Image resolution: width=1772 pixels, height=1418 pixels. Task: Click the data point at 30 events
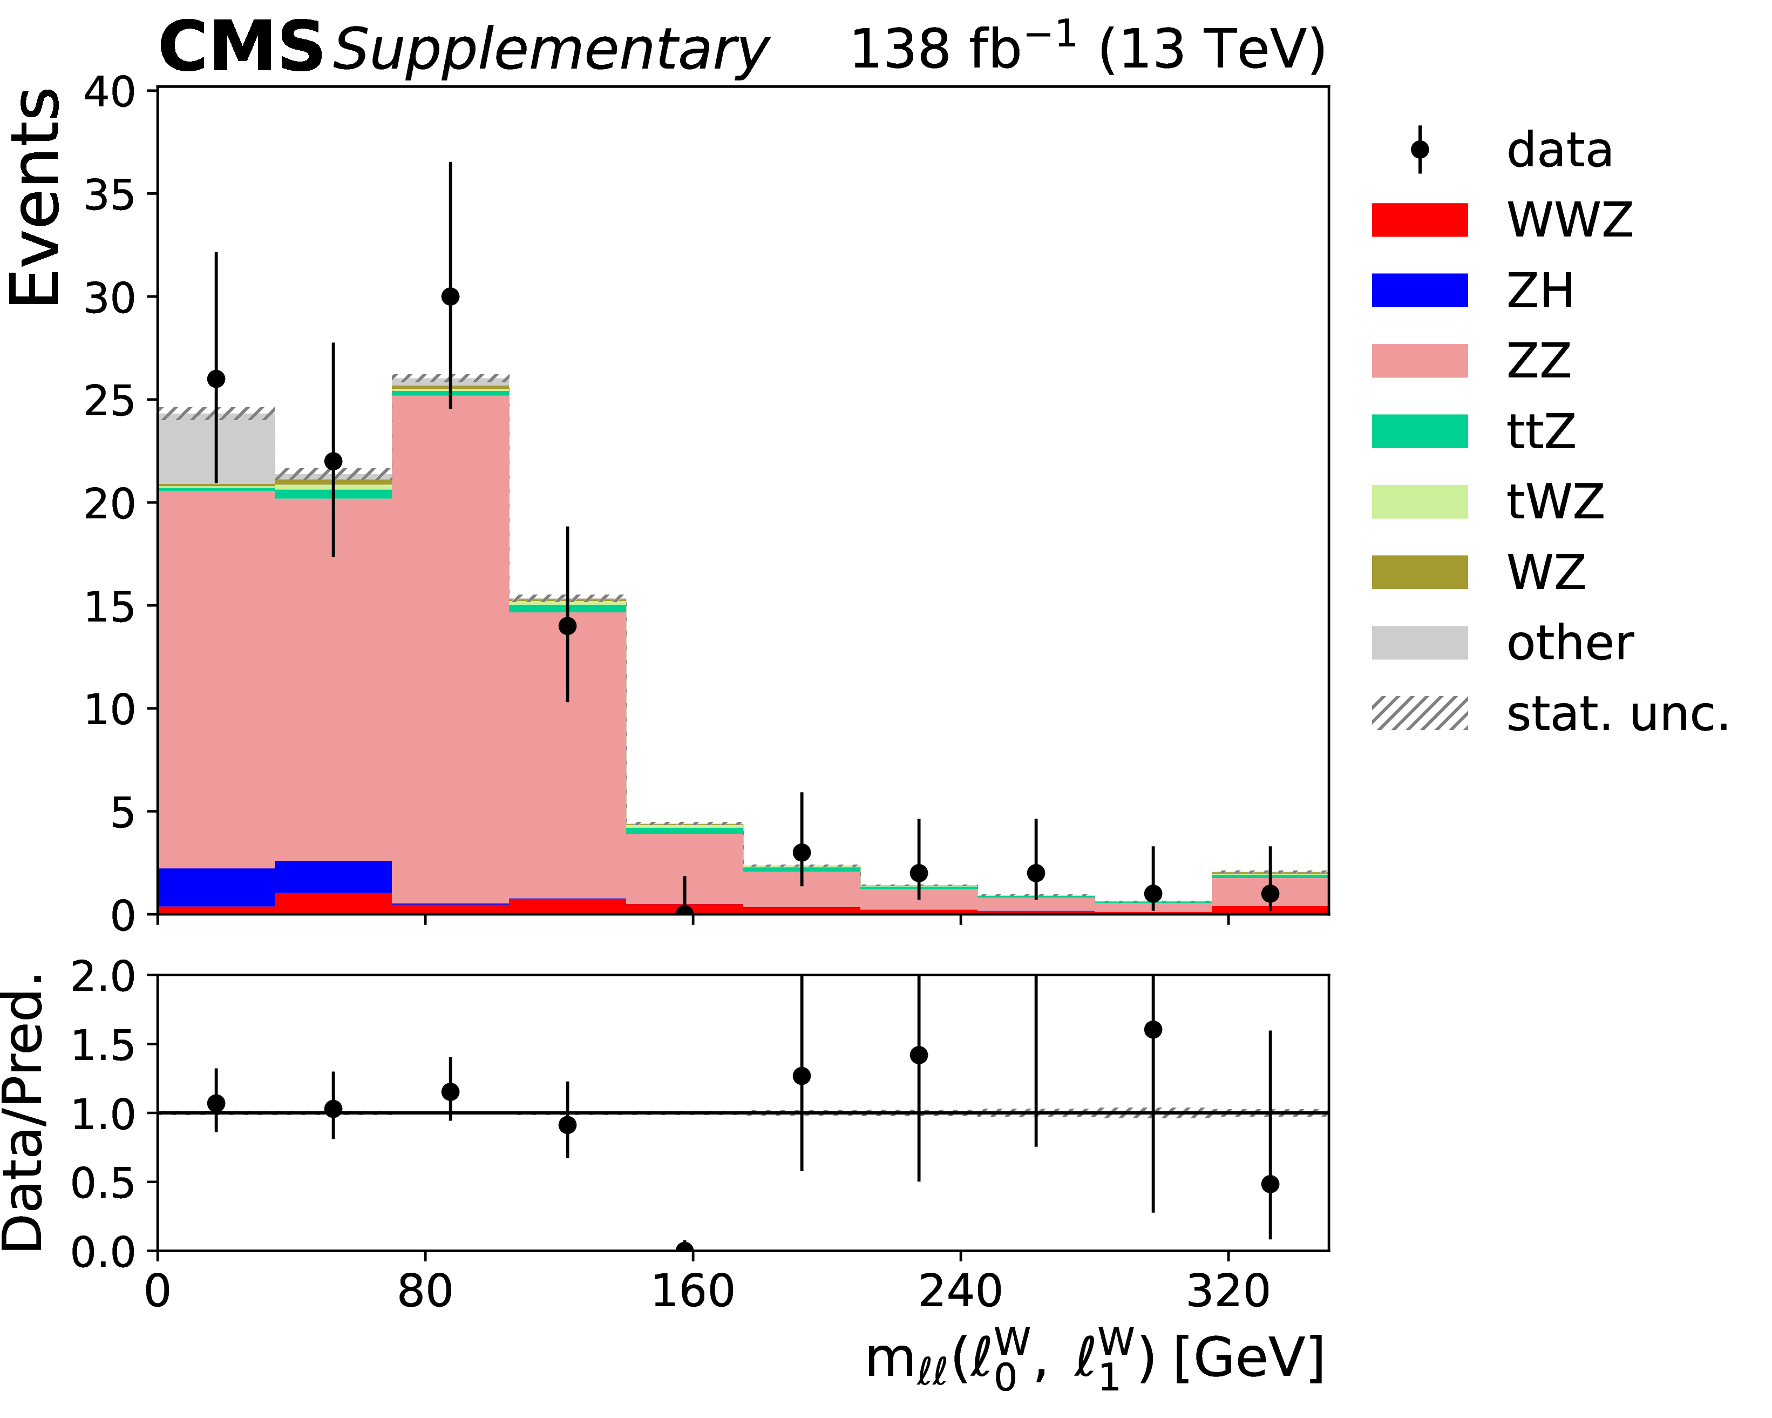[x=450, y=297]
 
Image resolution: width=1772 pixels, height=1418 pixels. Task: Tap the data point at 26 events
[x=216, y=379]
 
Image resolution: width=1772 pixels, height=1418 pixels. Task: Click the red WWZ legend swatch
[x=1420, y=220]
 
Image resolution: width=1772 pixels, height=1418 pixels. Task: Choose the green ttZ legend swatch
[x=1420, y=431]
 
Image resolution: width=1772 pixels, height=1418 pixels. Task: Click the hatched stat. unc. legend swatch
[x=1420, y=713]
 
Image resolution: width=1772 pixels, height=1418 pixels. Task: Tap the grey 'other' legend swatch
[x=1420, y=643]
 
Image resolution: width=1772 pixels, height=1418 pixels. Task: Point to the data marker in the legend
[x=1420, y=150]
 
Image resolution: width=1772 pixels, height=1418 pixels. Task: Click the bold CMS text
[x=241, y=48]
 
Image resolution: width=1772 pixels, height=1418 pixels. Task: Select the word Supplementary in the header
[x=551, y=51]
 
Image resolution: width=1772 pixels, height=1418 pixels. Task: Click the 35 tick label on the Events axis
[x=110, y=195]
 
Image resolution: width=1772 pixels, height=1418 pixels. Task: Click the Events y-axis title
[x=35, y=197]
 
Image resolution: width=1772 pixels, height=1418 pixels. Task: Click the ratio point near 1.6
[x=1153, y=1029]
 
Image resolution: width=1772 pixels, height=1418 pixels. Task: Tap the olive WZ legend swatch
[x=1420, y=572]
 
